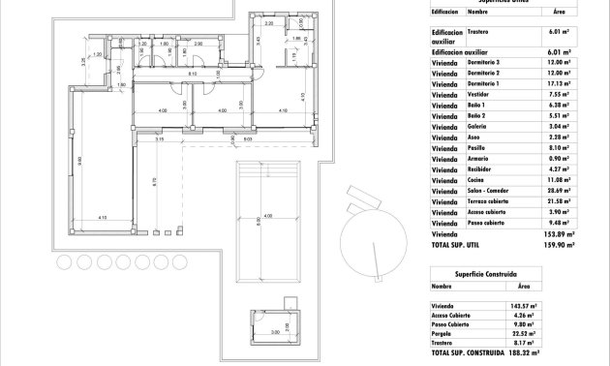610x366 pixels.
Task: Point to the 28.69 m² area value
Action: [558, 191]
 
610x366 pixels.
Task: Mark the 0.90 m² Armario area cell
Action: [560, 159]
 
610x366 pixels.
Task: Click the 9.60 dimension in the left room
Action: [80, 160]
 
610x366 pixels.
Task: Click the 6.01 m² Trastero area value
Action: [558, 33]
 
